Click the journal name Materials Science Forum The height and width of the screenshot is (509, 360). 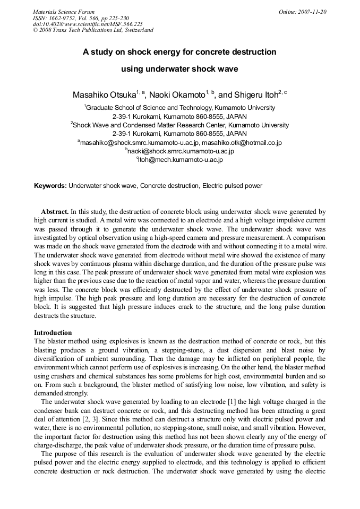click(x=64, y=12)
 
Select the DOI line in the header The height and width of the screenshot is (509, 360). click(x=88, y=24)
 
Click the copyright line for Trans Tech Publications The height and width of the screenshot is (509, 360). click(x=93, y=30)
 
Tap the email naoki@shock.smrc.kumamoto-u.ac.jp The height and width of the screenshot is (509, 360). click(x=180, y=151)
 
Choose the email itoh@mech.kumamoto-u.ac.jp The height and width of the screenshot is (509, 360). click(x=180, y=160)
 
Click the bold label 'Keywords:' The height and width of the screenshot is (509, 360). click(x=50, y=186)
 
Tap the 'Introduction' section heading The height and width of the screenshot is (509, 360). click(x=53, y=333)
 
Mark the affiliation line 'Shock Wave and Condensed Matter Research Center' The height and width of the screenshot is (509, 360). click(x=140, y=125)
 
